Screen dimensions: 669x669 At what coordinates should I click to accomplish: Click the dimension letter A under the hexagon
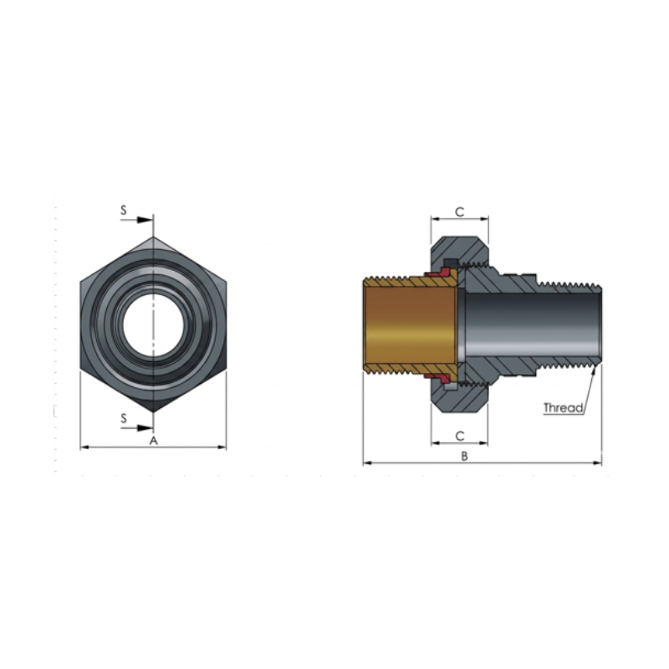pyautogui.click(x=154, y=441)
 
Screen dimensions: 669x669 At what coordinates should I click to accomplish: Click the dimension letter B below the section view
pyautogui.click(x=465, y=456)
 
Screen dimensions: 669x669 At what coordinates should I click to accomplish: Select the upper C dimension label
pyautogui.click(x=459, y=212)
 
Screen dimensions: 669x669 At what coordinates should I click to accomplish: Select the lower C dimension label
pyautogui.click(x=459, y=436)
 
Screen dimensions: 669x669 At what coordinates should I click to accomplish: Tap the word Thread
pyautogui.click(x=563, y=408)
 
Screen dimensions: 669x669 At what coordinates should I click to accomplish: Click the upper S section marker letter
pyautogui.click(x=124, y=210)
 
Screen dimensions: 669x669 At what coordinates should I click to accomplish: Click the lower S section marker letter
pyautogui.click(x=124, y=418)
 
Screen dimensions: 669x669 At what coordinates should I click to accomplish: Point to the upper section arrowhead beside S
pyautogui.click(x=145, y=220)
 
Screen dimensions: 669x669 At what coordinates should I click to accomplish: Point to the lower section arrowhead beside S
pyautogui.click(x=145, y=428)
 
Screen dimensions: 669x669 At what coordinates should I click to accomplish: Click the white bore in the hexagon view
pyautogui.click(x=154, y=324)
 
